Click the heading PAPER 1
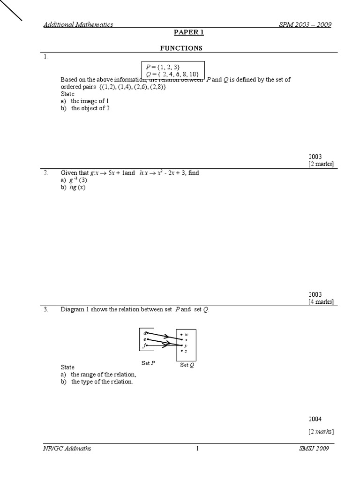(x=188, y=32)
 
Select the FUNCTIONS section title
(x=181, y=48)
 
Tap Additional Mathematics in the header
(x=78, y=24)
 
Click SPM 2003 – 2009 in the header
(x=305, y=24)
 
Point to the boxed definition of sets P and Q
(x=173, y=71)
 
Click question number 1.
(x=46, y=57)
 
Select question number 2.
(x=46, y=172)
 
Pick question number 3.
(x=46, y=309)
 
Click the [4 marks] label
(x=321, y=301)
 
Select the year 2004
(x=315, y=419)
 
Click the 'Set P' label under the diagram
(x=148, y=363)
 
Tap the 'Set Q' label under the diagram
(x=187, y=365)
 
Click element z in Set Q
(x=186, y=351)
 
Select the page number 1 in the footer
(x=197, y=449)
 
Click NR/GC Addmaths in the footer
(x=67, y=449)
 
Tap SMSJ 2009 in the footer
(x=314, y=449)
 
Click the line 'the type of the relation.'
(x=102, y=382)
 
